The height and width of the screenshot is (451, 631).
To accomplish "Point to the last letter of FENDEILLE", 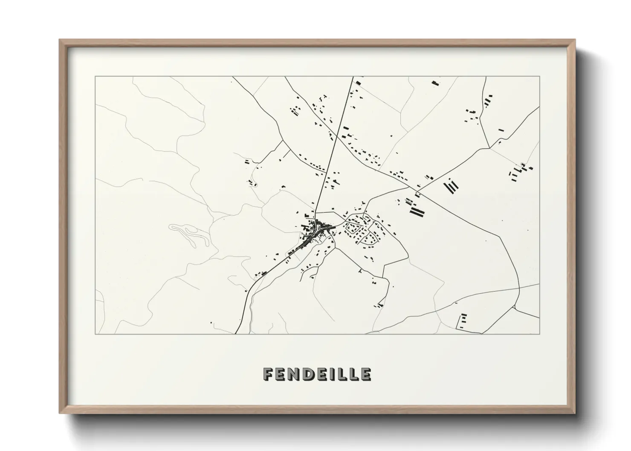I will click(x=365, y=374).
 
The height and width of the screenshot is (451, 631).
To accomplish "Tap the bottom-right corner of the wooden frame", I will click(x=575, y=413).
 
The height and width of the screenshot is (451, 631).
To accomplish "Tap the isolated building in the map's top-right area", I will click(x=435, y=83).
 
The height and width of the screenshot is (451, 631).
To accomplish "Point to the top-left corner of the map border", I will click(x=95, y=77).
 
